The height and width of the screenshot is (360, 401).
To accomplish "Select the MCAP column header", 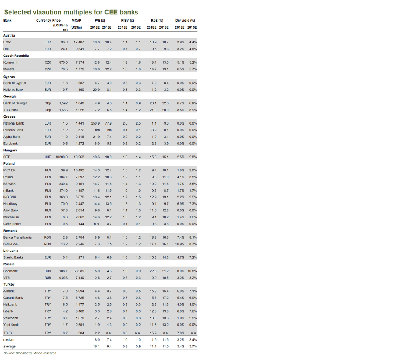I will pyautogui.click(x=76, y=21).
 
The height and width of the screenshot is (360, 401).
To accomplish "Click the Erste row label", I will pyautogui.click(x=8, y=42).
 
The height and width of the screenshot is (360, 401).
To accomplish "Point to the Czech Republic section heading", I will pyautogui.click(x=16, y=56).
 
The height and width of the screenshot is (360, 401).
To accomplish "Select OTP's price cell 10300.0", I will pyautogui.click(x=61, y=157).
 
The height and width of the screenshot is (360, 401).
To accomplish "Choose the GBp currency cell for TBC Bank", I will pyautogui.click(x=48, y=110).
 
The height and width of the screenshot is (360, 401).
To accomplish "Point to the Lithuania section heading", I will pyautogui.click(x=11, y=250).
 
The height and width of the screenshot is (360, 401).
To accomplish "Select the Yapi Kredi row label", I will pyautogui.click(x=12, y=325).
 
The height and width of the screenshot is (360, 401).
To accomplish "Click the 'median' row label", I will pyautogui.click(x=9, y=340).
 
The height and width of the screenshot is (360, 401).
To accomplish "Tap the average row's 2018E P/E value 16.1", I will pyautogui.click(x=96, y=347).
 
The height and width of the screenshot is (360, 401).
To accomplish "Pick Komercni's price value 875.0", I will pyautogui.click(x=63, y=62).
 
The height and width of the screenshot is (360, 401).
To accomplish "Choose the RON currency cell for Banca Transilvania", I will pyautogui.click(x=48, y=237).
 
